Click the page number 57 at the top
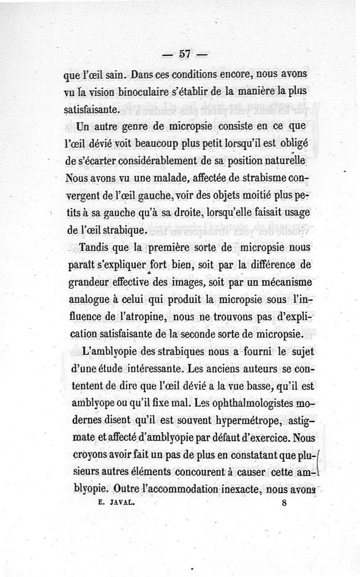[x=184, y=54]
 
